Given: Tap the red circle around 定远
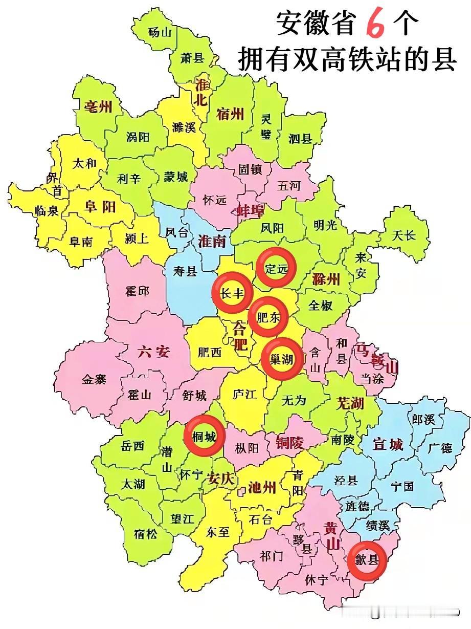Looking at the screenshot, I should coord(276,267).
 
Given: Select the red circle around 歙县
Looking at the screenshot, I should coord(366,560).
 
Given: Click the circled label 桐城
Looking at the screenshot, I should coord(204,436).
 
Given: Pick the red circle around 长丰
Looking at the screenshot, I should coord(232,292).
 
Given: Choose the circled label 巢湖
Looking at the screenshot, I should coord(282,359).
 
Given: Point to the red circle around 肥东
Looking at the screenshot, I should coord(268,317).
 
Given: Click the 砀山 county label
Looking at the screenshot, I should coord(161,32).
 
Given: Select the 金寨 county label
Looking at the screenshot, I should coord(94,379).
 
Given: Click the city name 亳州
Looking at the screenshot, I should coord(98,106).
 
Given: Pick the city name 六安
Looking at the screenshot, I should coord(153,352).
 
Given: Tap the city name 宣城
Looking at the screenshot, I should coord(388,444).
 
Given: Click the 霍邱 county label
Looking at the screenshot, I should coord(137,291).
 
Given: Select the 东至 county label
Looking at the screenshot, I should coord(218,532).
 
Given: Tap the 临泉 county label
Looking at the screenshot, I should coord(47,210).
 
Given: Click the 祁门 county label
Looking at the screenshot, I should coord(272,556).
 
